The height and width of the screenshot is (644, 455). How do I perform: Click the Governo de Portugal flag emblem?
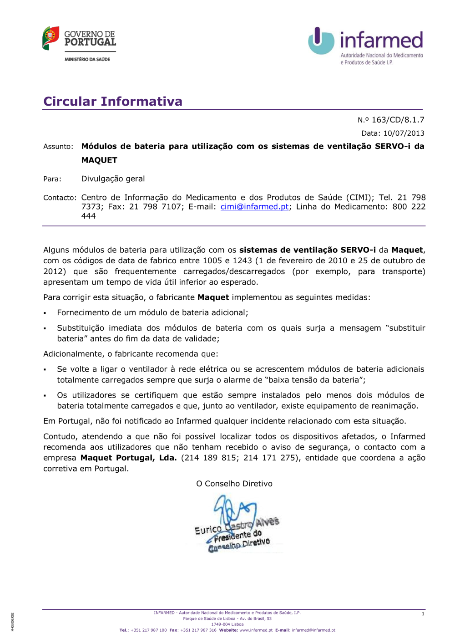[x=51, y=38]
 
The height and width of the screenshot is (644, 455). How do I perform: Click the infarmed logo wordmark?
[x=381, y=40]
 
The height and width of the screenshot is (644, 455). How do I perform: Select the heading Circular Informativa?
[x=113, y=101]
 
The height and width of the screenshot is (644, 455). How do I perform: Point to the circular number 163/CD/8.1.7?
[x=398, y=120]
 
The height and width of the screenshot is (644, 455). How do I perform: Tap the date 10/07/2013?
[x=404, y=133]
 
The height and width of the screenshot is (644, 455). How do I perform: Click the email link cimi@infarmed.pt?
[x=254, y=207]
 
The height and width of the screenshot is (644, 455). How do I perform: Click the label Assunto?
[x=58, y=147]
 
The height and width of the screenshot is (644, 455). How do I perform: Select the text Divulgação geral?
[x=113, y=179]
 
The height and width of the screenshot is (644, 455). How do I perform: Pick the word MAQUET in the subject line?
[x=99, y=160]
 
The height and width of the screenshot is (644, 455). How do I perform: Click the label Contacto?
[x=60, y=198]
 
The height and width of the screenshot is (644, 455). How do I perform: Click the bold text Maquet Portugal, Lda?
[x=128, y=458]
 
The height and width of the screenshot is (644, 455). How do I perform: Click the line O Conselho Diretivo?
[x=234, y=484]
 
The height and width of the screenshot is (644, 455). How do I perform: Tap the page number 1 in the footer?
[x=423, y=614]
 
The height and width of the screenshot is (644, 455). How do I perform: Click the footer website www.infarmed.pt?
[x=256, y=630]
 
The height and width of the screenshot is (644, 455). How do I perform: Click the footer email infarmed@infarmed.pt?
[x=313, y=630]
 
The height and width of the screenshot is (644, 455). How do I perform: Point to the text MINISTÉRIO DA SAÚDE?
[x=87, y=59]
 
